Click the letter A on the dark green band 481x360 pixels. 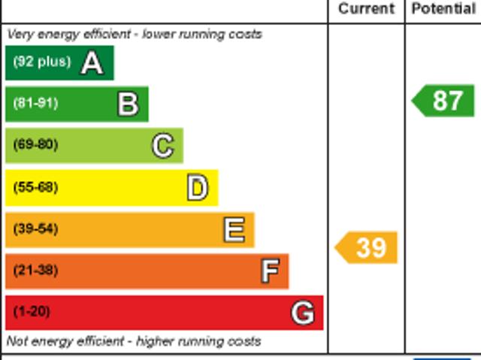point(92,63)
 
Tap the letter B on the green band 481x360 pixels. point(128,104)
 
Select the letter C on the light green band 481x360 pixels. point(162,146)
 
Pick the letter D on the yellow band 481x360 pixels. point(197,188)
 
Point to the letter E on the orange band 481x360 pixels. point(234,230)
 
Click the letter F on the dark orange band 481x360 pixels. point(269,271)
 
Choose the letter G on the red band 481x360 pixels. point(302,313)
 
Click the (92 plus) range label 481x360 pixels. point(41,62)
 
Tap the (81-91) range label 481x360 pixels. point(35,104)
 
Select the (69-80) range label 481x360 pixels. point(35,145)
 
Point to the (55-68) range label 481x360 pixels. point(35,187)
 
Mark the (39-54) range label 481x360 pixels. point(35,229)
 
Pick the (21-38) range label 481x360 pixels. point(35,271)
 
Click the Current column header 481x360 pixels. point(366,9)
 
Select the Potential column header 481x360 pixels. point(443,9)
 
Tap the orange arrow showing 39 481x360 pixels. point(367,247)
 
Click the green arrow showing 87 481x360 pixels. point(444,101)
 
